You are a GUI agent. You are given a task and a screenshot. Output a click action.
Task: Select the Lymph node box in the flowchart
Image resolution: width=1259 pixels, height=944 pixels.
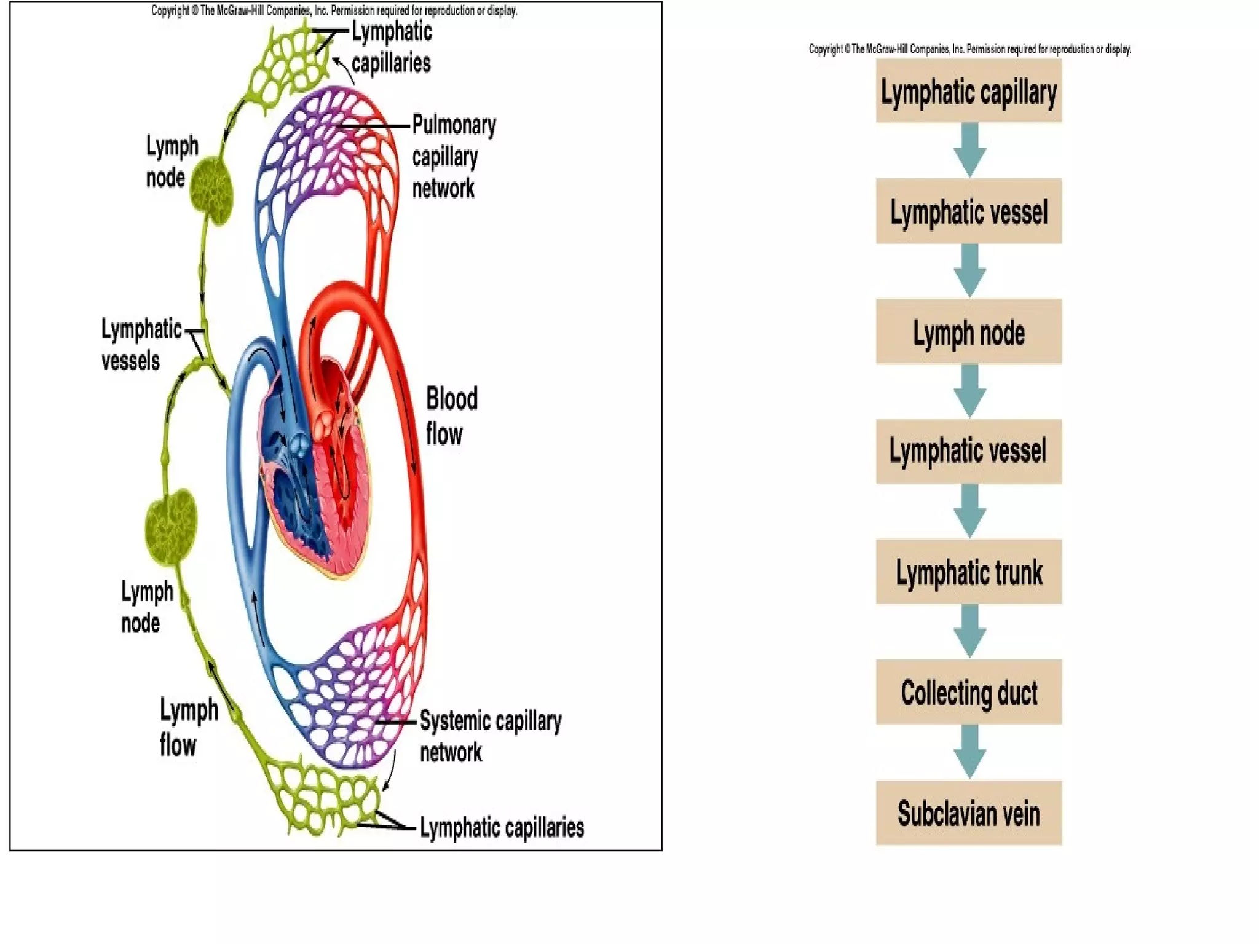[969, 332]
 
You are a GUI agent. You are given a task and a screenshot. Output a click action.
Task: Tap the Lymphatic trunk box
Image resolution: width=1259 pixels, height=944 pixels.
[969, 572]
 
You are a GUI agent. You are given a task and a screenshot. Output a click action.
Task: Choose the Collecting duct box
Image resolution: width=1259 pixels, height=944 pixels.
[969, 693]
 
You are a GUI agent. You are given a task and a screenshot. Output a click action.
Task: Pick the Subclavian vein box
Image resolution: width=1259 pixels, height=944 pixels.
[969, 813]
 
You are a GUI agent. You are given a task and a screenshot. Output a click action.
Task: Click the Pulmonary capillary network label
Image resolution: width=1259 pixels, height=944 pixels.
[453, 157]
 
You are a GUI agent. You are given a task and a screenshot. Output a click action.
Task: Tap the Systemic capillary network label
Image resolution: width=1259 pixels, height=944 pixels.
[490, 736]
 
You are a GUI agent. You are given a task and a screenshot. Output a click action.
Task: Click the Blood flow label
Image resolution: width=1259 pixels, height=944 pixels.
[451, 416]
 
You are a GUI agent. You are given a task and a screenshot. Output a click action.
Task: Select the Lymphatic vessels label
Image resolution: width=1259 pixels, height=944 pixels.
[141, 345]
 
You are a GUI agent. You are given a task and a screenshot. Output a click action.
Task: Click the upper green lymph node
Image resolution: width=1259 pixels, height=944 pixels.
[212, 189]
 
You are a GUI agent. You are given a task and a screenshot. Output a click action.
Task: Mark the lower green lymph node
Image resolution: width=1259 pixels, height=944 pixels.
[171, 527]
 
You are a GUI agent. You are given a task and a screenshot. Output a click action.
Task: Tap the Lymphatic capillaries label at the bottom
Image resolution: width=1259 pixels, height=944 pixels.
[501, 827]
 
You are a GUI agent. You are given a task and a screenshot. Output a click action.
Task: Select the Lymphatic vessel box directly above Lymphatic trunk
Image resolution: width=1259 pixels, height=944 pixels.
[969, 451]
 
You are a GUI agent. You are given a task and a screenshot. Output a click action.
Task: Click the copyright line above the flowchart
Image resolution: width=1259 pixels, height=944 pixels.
[969, 49]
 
